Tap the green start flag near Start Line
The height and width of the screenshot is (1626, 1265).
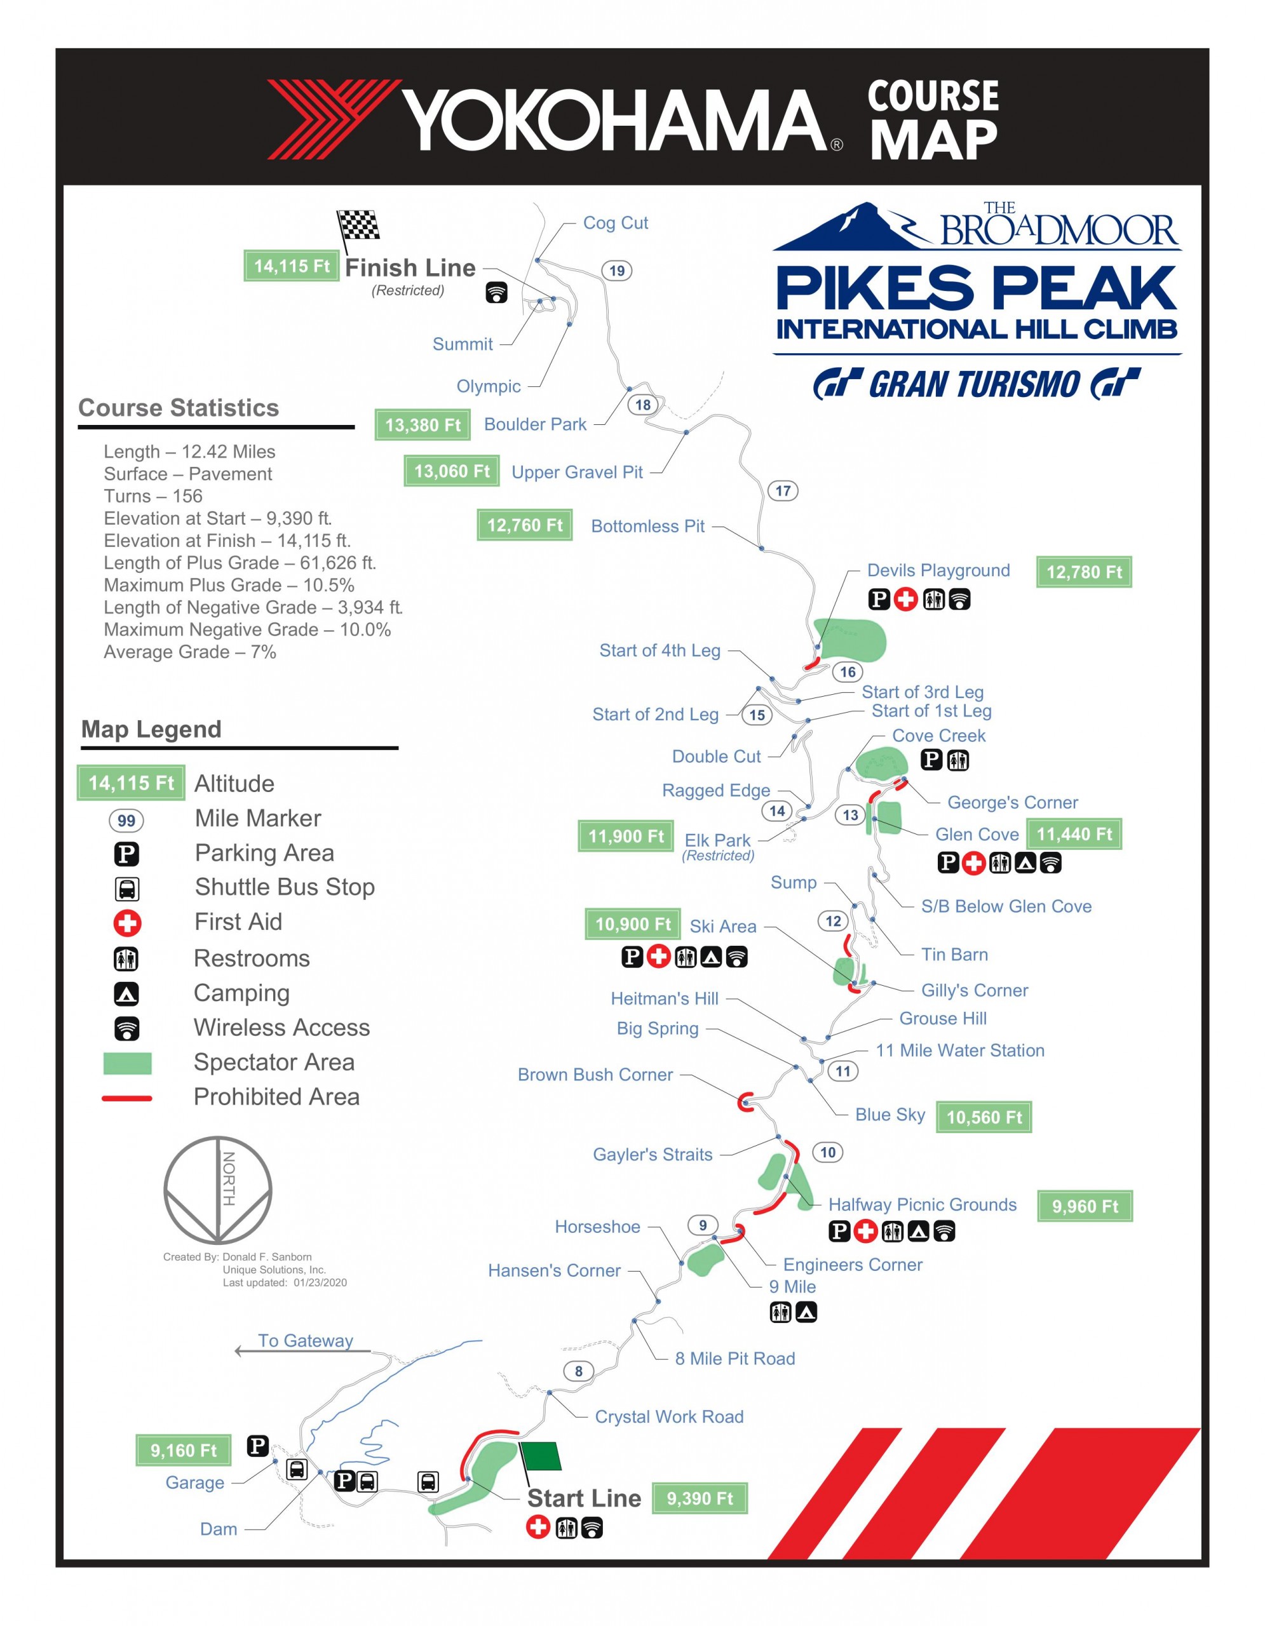pos(541,1456)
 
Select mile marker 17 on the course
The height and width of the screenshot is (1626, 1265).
pos(783,490)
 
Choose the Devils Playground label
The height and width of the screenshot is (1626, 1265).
pos(938,570)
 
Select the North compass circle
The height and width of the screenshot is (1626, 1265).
pos(217,1190)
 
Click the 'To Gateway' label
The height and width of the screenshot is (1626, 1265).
pos(305,1340)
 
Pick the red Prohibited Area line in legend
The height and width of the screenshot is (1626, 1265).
pos(126,1098)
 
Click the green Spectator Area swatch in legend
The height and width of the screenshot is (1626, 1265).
pos(127,1063)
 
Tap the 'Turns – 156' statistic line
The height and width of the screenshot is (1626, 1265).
pos(152,496)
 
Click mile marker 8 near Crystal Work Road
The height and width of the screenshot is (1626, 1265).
pos(579,1371)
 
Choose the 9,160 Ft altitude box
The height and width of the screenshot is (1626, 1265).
pos(183,1450)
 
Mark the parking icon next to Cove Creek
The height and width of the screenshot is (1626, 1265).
pos(931,760)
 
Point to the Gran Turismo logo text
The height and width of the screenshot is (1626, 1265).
pos(975,384)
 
